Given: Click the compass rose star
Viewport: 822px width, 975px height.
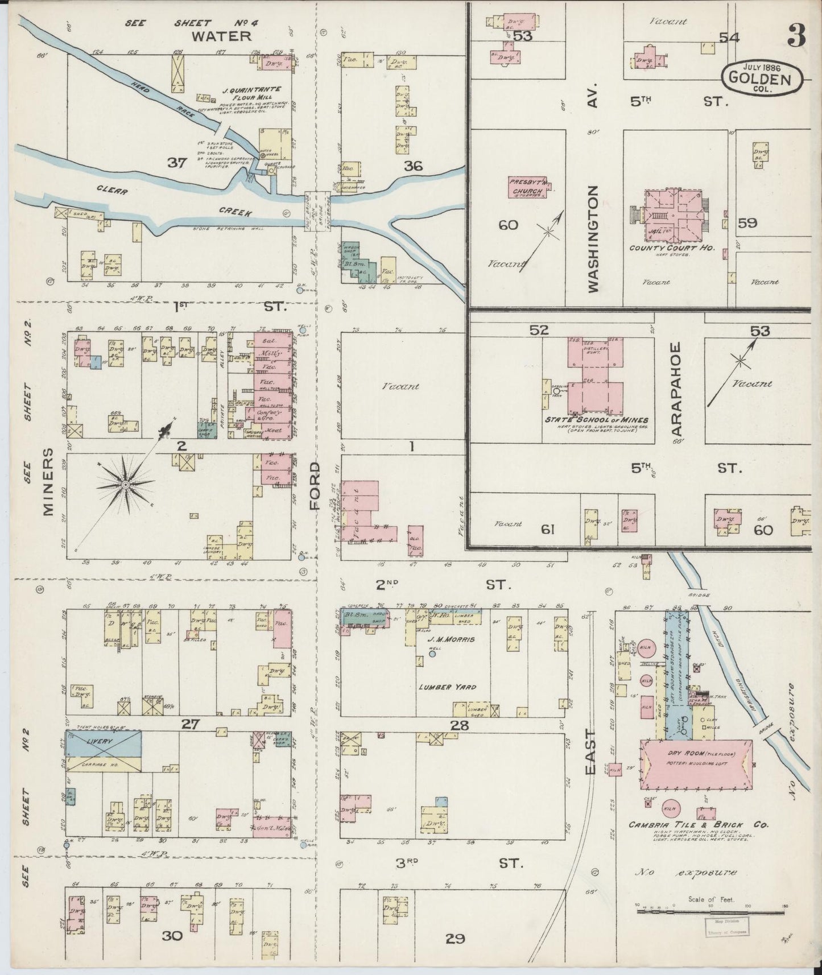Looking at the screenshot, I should pos(125,484).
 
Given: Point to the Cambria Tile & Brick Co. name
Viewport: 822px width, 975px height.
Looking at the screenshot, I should pos(699,825).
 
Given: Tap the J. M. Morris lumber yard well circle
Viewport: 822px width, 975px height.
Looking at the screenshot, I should pos(432,654).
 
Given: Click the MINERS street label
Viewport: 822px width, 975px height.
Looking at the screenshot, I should pos(48,481).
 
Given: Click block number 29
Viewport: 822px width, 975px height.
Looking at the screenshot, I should pos(455,938).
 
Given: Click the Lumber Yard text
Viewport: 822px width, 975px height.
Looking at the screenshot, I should pos(447,687).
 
